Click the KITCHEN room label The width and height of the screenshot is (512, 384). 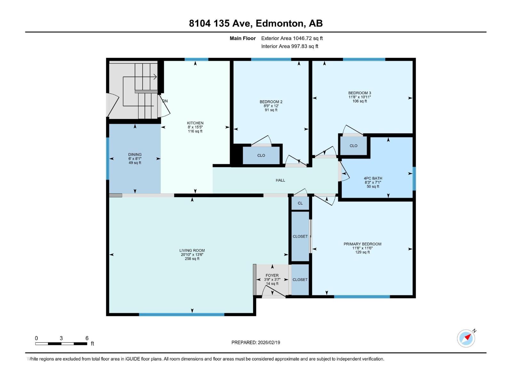(195, 123)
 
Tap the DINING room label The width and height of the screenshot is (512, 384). (135, 154)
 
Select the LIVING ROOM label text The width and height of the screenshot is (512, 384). (192, 251)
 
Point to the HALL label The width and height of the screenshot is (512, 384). (280, 180)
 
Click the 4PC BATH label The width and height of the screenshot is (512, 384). (373, 178)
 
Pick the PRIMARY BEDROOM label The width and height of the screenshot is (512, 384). (362, 244)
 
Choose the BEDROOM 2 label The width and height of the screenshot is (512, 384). (271, 102)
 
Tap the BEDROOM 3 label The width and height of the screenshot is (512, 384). (359, 93)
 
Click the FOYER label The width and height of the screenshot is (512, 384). (272, 275)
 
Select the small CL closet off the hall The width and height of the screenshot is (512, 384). (300, 203)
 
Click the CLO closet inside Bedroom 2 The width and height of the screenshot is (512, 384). (261, 155)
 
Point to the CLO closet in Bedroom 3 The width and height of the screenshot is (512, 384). (353, 146)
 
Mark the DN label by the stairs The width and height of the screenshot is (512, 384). (165, 101)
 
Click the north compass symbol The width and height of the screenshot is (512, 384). (466, 338)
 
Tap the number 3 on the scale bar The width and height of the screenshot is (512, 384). (61, 338)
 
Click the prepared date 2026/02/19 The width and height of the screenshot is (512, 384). (269, 342)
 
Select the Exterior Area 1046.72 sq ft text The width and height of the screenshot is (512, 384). (292, 38)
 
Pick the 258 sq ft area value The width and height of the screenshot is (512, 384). (192, 259)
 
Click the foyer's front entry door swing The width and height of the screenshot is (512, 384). (273, 291)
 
